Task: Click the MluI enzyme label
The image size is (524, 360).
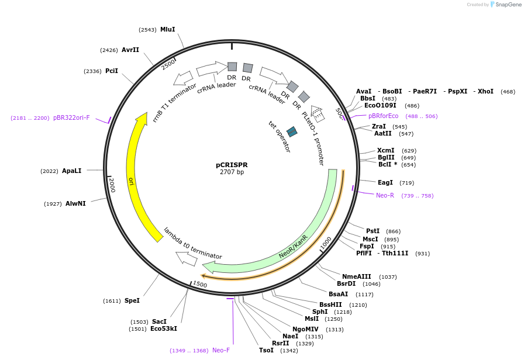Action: point(167,29)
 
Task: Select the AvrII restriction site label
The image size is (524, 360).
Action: point(130,50)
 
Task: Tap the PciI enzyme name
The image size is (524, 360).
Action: point(112,71)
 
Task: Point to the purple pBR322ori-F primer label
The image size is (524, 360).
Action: point(71,117)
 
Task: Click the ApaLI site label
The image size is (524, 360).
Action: point(71,171)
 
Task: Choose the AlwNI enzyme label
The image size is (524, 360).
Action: point(75,203)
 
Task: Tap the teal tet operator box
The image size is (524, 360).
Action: point(292,132)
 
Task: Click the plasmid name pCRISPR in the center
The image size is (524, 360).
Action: point(232,165)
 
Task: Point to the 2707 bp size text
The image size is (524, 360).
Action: point(232,172)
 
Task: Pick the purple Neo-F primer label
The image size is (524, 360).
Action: point(221,351)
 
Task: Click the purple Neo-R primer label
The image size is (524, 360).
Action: point(385,195)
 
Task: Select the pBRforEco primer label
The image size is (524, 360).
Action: point(383,116)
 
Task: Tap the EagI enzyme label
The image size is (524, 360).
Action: point(385,183)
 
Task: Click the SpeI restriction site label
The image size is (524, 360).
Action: point(132,300)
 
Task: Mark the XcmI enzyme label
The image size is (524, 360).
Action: point(385,150)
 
